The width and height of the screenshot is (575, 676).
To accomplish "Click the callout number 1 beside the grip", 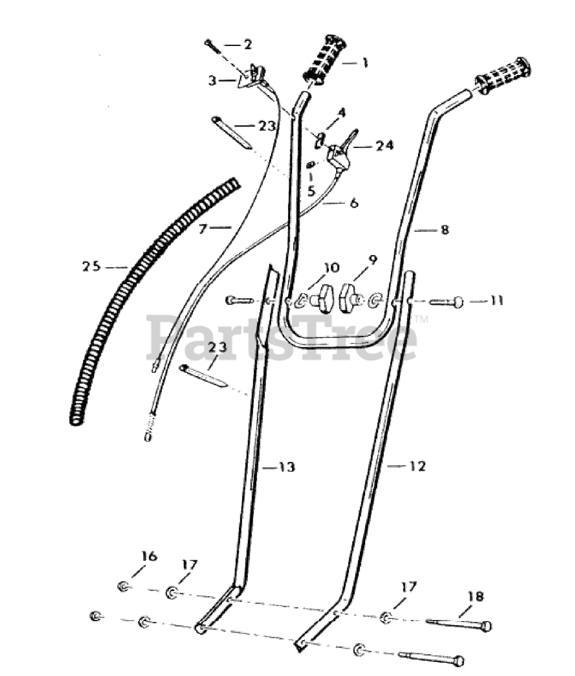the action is click(x=365, y=62).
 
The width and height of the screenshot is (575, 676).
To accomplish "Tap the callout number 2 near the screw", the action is click(x=247, y=44).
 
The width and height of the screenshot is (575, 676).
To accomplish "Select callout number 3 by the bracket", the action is click(x=213, y=80).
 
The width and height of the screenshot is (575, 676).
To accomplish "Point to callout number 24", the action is click(x=384, y=146).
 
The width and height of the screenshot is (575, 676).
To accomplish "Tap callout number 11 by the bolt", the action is click(x=497, y=300).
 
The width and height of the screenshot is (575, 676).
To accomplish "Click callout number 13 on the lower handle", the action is click(x=286, y=467).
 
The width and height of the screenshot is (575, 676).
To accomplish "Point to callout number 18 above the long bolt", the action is click(x=476, y=597).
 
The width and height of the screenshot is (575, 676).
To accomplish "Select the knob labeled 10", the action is click(x=322, y=296).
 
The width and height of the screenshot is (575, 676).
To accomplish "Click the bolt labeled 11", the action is click(x=446, y=302).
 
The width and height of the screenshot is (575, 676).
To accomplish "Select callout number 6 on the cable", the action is click(x=354, y=203).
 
